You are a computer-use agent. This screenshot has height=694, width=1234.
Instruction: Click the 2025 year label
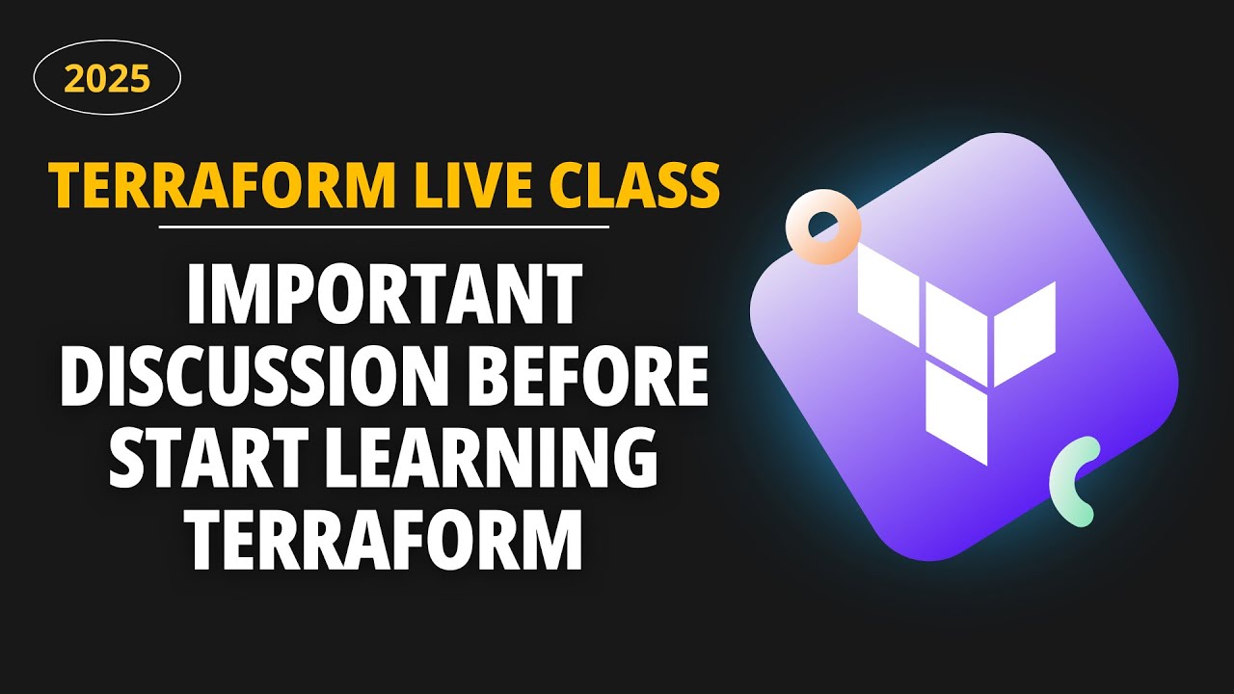pyautogui.click(x=107, y=77)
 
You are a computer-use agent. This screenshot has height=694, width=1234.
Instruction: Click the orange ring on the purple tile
pyautogui.click(x=822, y=228)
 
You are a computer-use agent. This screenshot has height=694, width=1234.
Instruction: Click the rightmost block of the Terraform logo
pyautogui.click(x=1026, y=330)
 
